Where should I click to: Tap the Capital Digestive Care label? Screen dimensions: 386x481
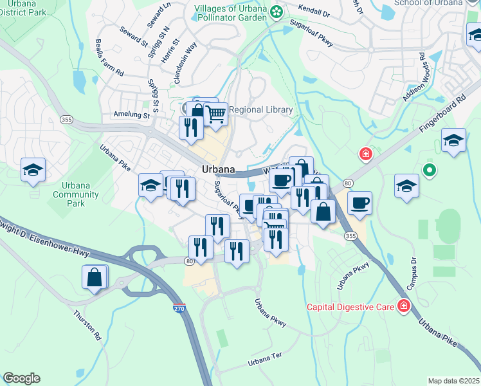(x=350, y=307)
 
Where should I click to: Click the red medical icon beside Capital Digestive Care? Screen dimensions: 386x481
(x=404, y=306)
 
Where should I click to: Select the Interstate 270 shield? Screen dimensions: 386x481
(x=179, y=309)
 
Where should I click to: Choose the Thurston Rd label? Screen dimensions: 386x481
(x=87, y=325)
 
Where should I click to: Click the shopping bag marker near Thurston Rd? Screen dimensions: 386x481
(x=95, y=278)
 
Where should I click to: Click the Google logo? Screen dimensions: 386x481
(x=21, y=378)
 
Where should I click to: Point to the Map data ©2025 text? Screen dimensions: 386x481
(x=453, y=381)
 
